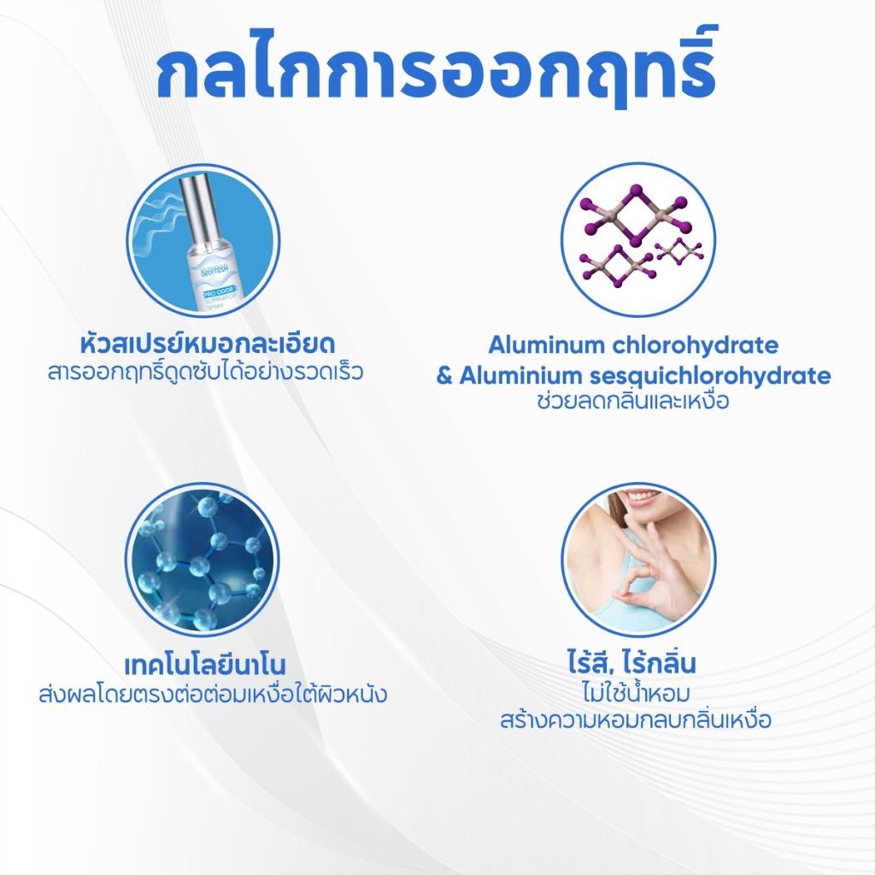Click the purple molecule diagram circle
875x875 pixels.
pyautogui.click(x=637, y=239)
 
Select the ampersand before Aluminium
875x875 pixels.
pyautogui.click(x=444, y=376)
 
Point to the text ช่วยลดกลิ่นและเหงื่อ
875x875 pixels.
pyautogui.click(x=633, y=402)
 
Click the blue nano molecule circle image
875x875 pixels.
pyautogui.click(x=203, y=559)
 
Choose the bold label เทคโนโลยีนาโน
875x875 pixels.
pyautogui.click(x=204, y=665)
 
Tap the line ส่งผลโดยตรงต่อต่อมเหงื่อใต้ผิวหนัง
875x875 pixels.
pyautogui.click(x=213, y=694)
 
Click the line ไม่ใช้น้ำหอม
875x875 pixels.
pyautogui.click(x=635, y=691)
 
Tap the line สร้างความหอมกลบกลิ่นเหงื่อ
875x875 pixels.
pyautogui.click(x=636, y=719)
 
